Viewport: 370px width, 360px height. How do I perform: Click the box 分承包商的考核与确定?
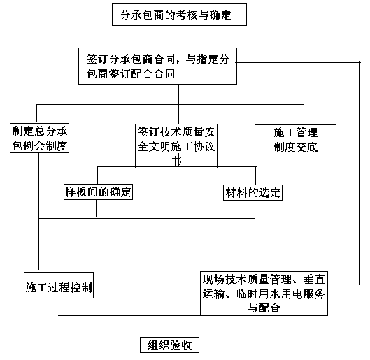[179, 15]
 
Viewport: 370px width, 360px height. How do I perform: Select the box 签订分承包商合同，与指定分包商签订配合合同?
[157, 66]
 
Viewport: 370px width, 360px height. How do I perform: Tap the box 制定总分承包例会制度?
[39, 138]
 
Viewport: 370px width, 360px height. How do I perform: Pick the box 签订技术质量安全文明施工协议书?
[176, 146]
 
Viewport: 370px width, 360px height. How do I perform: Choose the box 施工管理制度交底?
[295, 140]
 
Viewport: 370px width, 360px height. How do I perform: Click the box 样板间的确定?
[98, 192]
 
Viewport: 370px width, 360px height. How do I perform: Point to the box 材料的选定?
[252, 193]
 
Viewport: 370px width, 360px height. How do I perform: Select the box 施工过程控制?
[59, 285]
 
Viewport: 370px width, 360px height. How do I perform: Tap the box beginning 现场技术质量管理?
[264, 294]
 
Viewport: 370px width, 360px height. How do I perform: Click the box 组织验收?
[170, 345]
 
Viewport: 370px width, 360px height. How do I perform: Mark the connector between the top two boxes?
[178, 37]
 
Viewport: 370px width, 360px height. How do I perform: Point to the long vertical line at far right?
[360, 174]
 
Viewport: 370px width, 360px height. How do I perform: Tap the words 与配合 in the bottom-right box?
[264, 308]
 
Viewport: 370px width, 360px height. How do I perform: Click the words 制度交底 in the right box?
[296, 147]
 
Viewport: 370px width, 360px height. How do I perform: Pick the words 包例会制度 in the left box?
[40, 145]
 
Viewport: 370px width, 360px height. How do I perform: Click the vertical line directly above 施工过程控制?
[38, 211]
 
